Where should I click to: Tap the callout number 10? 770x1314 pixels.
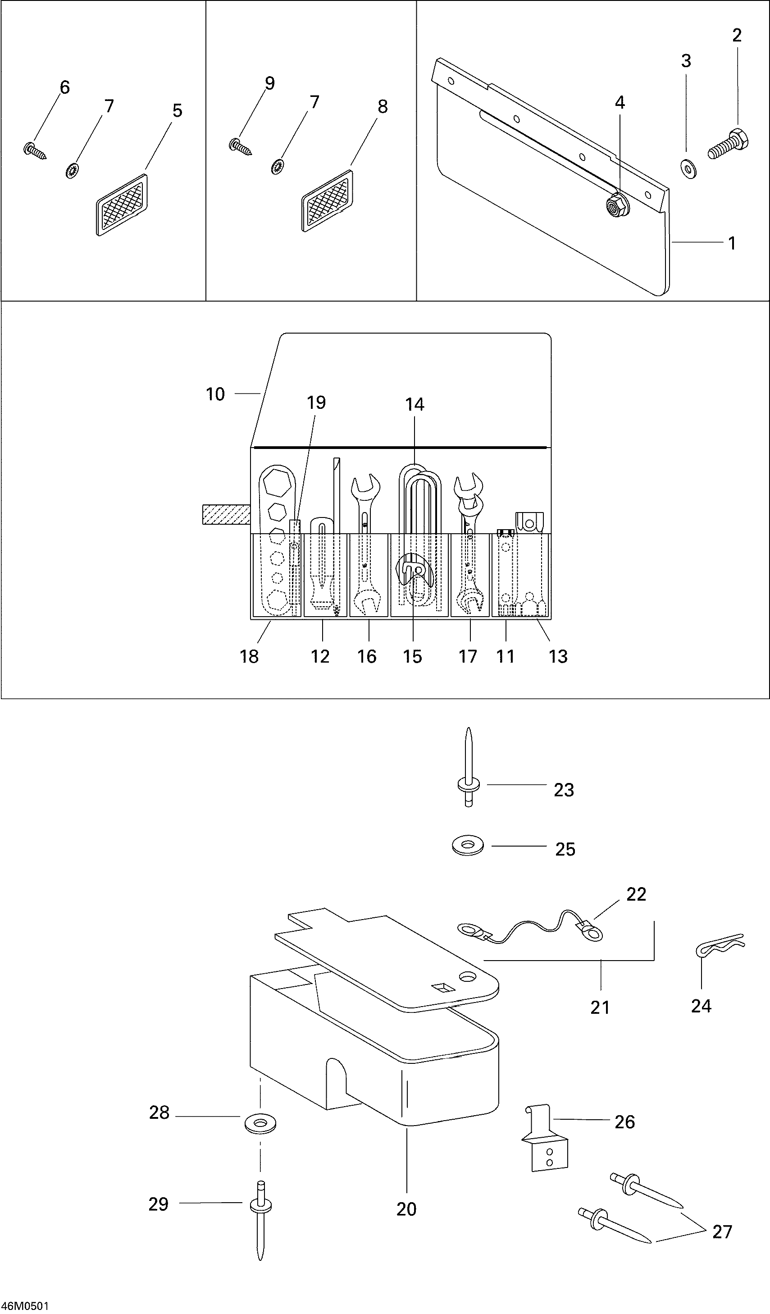[215, 394]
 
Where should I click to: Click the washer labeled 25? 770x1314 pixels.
[468, 845]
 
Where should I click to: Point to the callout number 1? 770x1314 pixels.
[732, 243]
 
